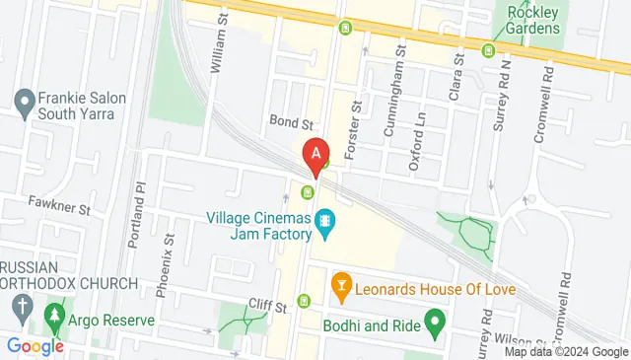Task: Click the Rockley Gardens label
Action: tap(533, 20)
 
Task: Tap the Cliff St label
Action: tap(266, 307)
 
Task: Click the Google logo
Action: tap(35, 345)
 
